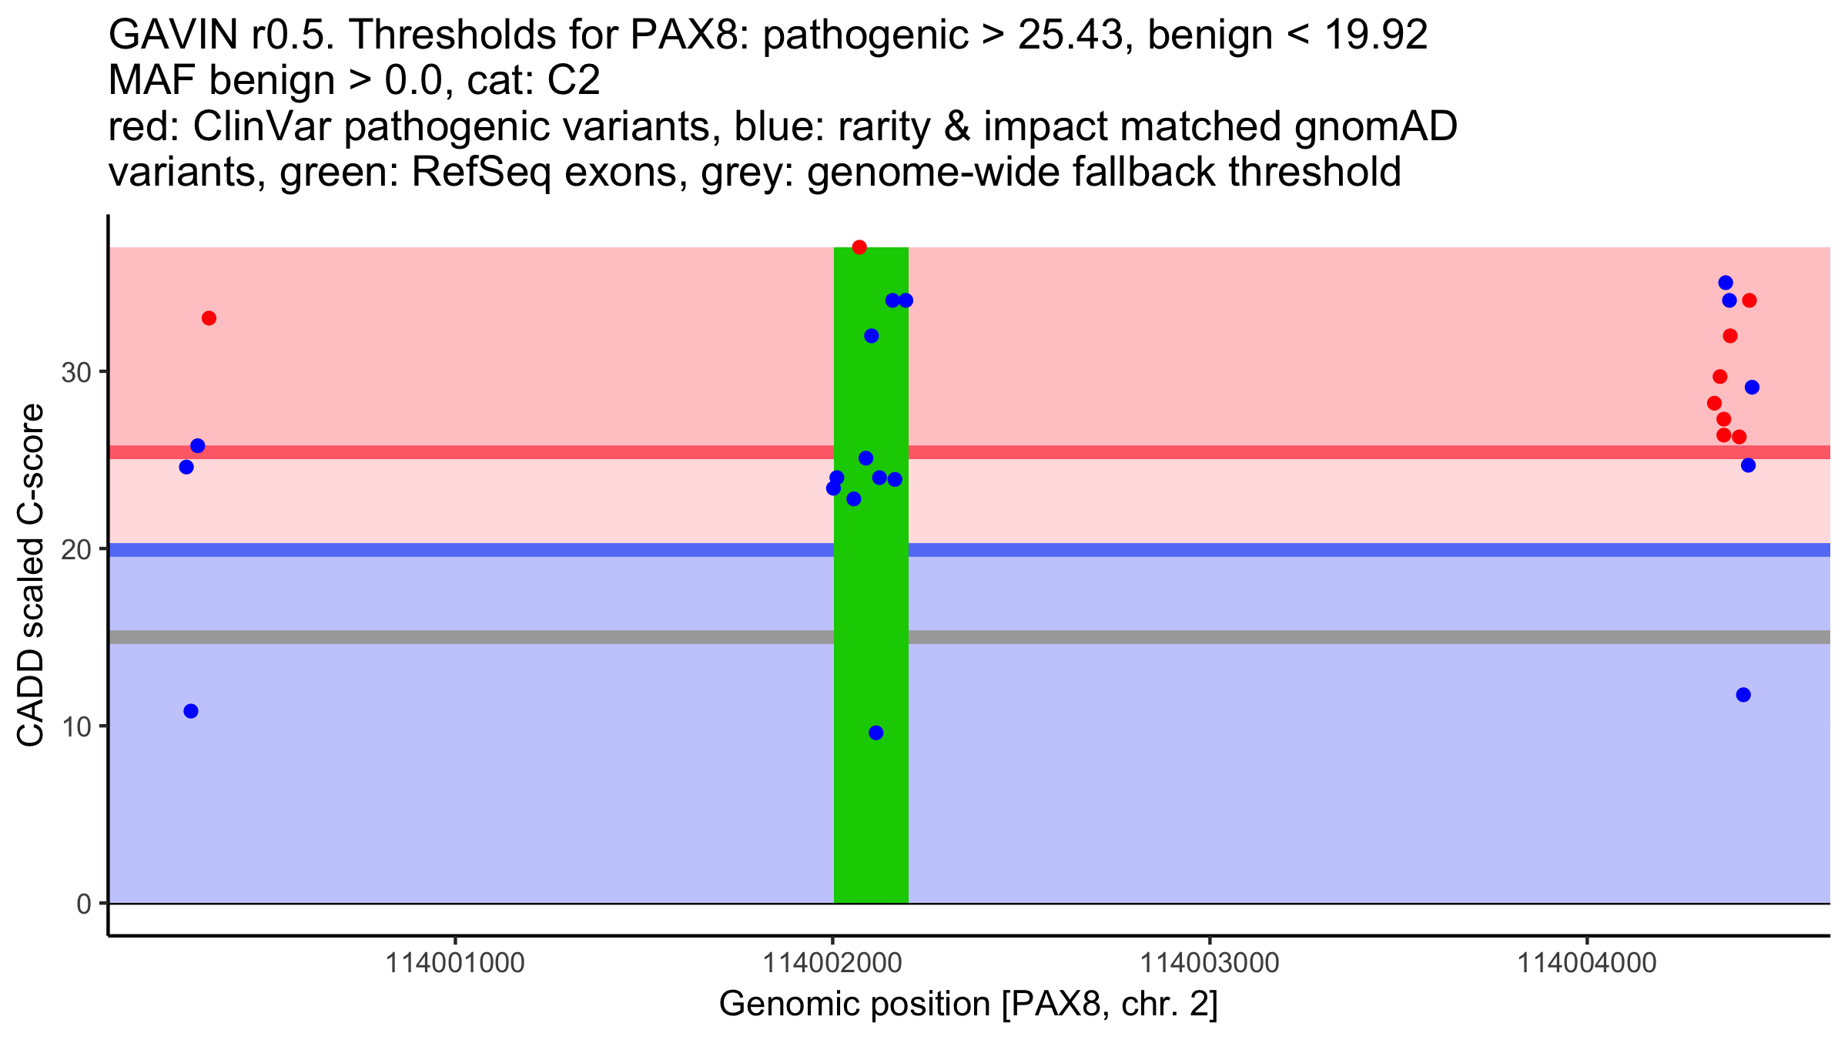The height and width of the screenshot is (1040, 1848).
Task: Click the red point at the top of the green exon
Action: (859, 247)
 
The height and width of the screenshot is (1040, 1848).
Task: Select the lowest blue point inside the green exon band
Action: (875, 733)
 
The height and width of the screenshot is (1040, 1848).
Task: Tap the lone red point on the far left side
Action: (209, 318)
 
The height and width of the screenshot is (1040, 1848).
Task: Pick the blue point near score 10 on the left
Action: (191, 711)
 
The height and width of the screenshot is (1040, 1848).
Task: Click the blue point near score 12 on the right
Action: (1743, 695)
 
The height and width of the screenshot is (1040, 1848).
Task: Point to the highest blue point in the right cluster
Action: (1726, 283)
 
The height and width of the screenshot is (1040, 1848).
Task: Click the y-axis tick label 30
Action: (76, 373)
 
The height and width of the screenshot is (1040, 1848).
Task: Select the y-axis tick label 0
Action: (84, 904)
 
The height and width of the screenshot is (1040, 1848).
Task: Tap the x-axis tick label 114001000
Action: (454, 963)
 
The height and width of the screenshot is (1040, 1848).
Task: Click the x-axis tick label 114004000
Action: (1586, 963)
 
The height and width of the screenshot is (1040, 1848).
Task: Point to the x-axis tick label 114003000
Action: (1209, 963)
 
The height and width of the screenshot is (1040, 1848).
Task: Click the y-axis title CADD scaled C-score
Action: (31, 575)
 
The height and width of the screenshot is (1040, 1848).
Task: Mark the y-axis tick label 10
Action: (76, 727)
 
